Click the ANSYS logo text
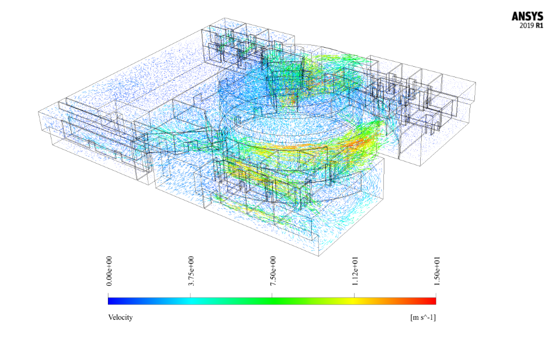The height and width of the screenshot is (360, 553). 528,17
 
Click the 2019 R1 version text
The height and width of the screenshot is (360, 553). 531,25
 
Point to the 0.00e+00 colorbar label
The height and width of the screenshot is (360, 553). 110,271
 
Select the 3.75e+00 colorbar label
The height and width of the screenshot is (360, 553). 191,271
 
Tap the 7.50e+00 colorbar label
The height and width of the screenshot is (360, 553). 273,271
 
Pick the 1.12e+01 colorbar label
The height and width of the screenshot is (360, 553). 355,271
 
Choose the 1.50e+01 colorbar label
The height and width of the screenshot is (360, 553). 437,271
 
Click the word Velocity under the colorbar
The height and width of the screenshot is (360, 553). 120,317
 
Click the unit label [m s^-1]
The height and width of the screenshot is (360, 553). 423,317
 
